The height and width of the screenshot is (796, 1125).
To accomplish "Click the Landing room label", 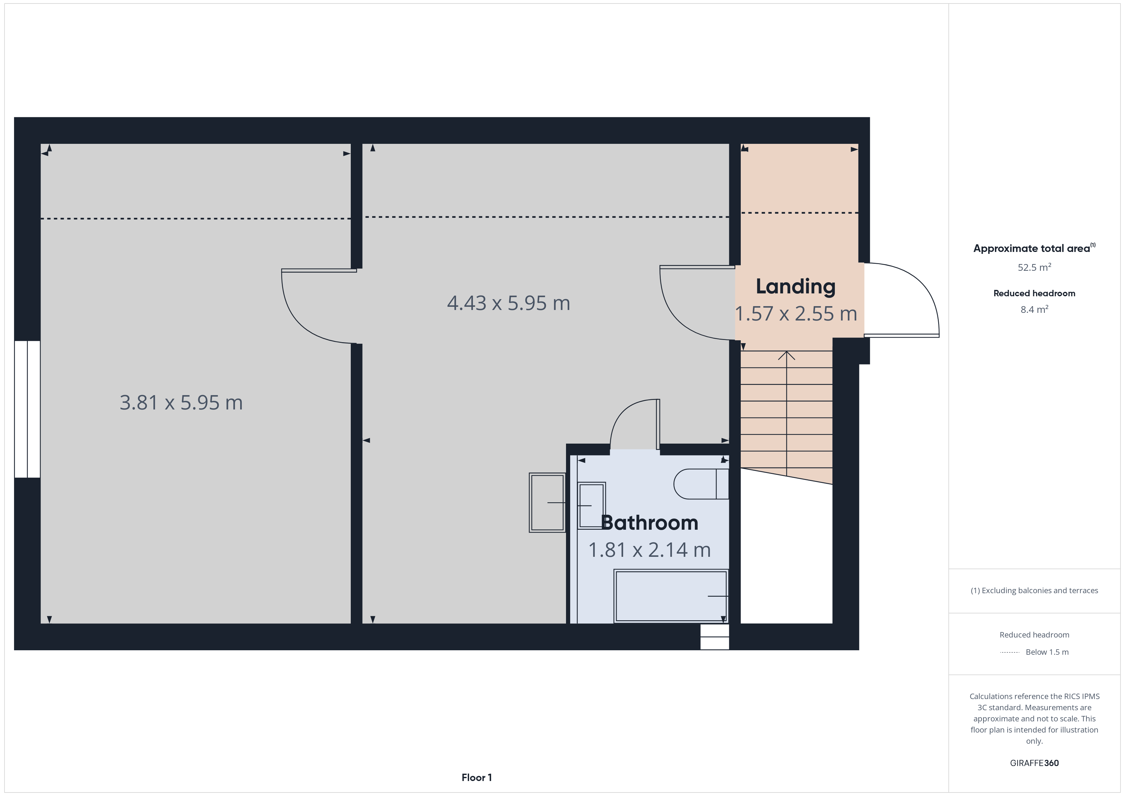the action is [795, 287].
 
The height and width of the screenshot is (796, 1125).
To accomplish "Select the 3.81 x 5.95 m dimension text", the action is [181, 402].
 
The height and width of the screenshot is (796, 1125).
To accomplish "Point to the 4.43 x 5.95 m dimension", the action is [509, 303].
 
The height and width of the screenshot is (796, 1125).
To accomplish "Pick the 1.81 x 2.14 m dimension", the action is [649, 550].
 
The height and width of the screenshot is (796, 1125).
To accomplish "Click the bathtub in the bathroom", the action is [671, 596].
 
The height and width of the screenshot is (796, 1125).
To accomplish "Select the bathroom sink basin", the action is [592, 505].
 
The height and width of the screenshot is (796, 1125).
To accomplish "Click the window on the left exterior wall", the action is [27, 409].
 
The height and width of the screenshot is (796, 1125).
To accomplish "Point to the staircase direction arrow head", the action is [786, 355].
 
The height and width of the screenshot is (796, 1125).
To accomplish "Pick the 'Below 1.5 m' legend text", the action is [1047, 652].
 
